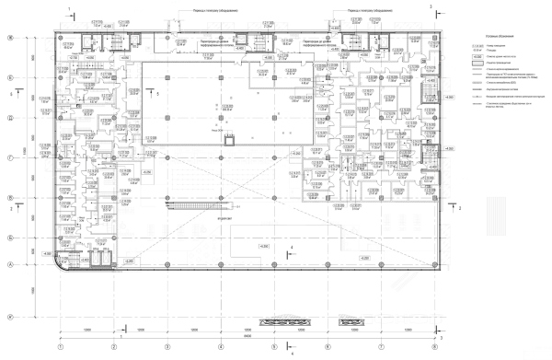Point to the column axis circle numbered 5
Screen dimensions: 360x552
coord(273,346)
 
